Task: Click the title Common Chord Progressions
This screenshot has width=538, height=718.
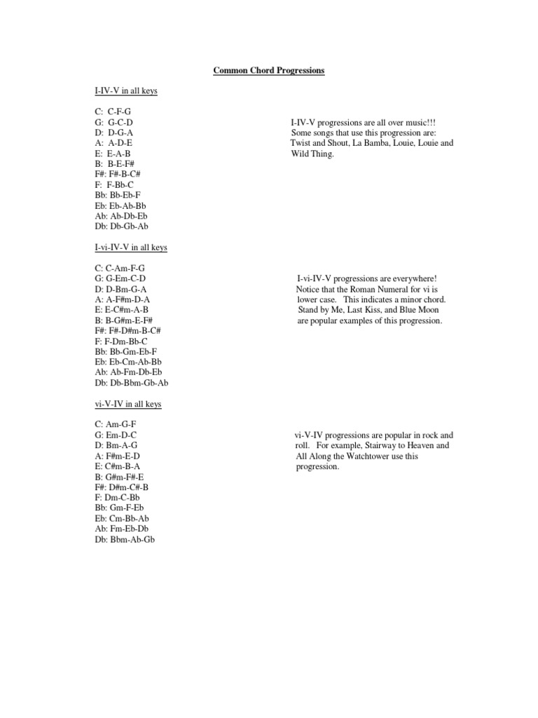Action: point(269,72)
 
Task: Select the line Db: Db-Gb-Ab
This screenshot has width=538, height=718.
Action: point(121,226)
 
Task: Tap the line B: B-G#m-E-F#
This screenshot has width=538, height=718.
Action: point(125,320)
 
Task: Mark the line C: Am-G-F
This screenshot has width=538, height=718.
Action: point(116,425)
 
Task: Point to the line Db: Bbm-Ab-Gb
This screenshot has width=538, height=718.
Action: point(125,539)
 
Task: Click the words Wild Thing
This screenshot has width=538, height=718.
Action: point(313,154)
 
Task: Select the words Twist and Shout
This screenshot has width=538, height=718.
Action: point(322,143)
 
